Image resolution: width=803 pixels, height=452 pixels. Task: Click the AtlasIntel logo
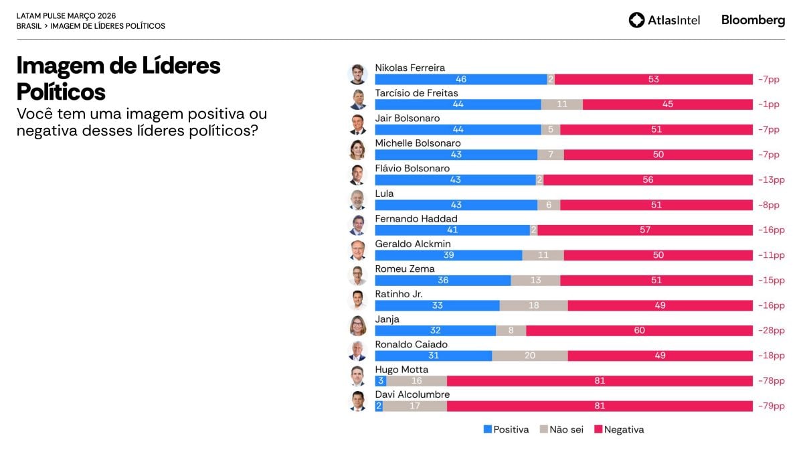[664, 20]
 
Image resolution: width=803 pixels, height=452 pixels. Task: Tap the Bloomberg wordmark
[753, 20]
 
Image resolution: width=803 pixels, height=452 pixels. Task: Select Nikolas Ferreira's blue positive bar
[460, 80]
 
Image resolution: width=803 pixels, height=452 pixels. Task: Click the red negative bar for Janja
[639, 331]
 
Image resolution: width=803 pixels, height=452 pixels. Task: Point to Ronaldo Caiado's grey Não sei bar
[529, 356]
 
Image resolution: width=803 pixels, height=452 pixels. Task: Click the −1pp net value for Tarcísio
[769, 104]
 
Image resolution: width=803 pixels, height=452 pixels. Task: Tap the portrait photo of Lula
[358, 200]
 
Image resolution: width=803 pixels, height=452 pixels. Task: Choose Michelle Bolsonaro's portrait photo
[358, 149]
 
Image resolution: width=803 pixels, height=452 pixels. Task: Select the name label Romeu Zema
[404, 269]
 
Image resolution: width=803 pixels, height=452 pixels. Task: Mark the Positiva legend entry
[506, 430]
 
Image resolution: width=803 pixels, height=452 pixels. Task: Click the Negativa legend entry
[619, 430]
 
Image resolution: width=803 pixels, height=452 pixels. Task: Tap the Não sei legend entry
[561, 430]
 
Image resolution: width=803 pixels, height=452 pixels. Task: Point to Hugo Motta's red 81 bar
[600, 381]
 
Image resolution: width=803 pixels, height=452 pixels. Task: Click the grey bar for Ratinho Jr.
[533, 305]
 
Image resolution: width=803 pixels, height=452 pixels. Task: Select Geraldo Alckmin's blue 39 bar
[448, 255]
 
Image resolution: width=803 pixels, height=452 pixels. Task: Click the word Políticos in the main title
[61, 91]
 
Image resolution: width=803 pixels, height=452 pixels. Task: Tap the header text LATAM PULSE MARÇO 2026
[66, 15]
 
